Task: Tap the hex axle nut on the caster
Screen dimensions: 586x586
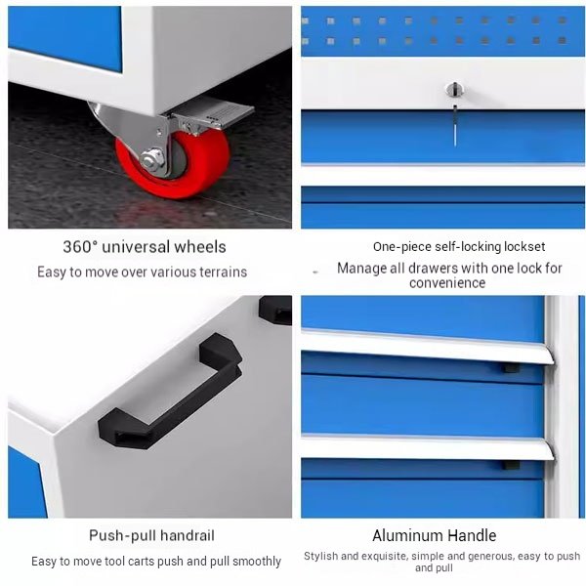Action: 152,159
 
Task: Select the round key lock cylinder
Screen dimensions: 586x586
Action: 454,90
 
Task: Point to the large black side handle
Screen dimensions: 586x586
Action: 170,391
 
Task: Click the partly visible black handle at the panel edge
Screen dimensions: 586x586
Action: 275,310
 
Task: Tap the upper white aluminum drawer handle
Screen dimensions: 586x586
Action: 428,346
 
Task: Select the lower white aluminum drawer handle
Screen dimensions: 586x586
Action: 428,446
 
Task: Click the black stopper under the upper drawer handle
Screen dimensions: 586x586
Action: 511,368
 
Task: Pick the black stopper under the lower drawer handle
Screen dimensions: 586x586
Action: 511,465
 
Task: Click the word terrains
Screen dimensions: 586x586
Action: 223,272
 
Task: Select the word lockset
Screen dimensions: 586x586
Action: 524,247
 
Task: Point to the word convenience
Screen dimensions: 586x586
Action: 447,283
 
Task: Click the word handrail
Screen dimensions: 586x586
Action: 188,535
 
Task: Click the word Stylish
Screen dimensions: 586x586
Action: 320,556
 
